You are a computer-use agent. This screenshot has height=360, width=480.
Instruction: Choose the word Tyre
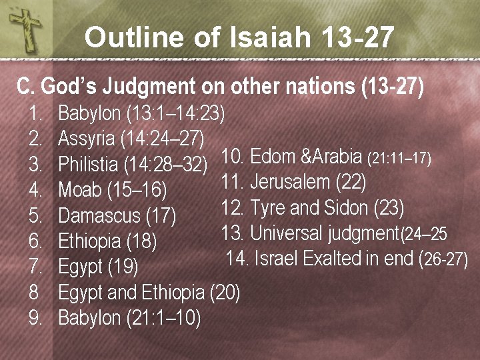(x=266, y=207)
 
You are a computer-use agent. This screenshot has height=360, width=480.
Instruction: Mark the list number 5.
(x=36, y=216)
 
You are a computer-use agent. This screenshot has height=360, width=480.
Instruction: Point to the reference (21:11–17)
(x=400, y=159)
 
